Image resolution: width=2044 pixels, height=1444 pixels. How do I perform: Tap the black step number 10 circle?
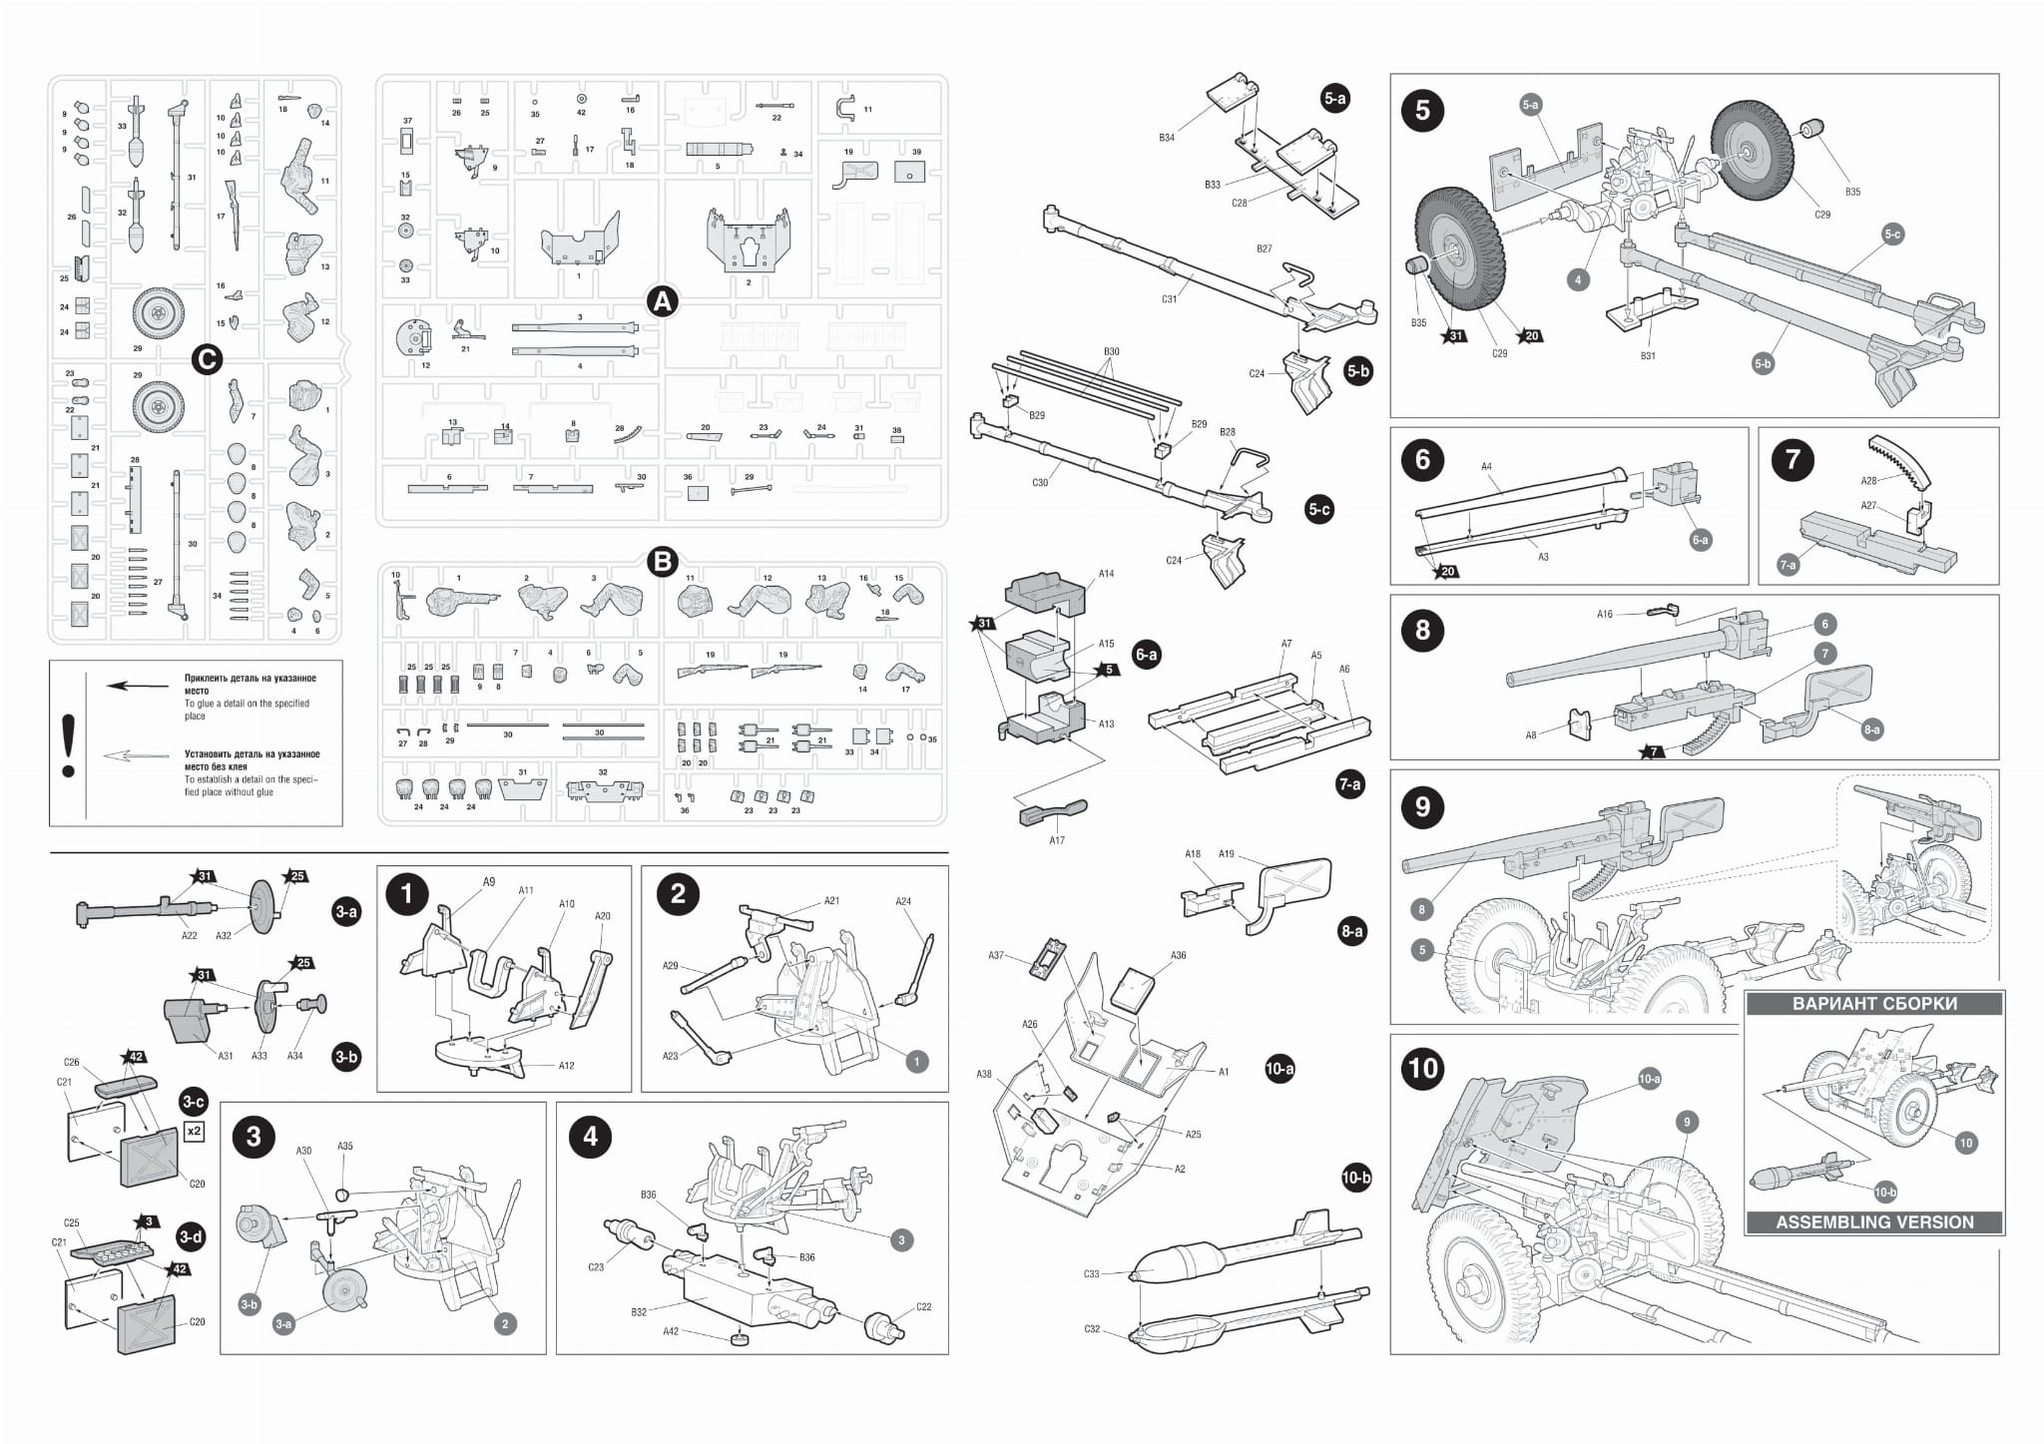1422,1069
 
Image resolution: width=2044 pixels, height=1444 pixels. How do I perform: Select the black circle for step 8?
1422,631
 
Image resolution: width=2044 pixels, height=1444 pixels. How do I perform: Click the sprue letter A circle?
662,300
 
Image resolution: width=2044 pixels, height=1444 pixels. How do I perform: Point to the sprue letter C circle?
206,359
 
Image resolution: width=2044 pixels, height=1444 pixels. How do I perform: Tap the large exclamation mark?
68,744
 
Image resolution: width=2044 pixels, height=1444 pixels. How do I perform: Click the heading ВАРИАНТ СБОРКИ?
1873,1004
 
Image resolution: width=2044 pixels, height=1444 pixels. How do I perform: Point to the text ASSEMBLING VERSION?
1873,1221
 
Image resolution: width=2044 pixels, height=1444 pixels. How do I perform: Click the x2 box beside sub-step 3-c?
195,1132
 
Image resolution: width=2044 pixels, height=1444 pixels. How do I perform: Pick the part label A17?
1057,840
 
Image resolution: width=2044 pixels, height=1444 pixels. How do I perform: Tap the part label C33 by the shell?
1091,1274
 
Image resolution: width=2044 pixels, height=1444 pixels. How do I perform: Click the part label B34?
1166,138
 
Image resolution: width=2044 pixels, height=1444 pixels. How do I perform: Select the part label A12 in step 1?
566,1066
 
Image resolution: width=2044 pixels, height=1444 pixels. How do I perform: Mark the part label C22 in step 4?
923,1306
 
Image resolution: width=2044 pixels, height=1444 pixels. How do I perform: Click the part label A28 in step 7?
1868,481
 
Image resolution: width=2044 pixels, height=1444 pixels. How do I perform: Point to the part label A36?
1178,955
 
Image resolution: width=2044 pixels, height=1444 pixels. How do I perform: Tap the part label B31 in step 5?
1647,355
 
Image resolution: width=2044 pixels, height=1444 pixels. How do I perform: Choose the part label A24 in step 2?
902,901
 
